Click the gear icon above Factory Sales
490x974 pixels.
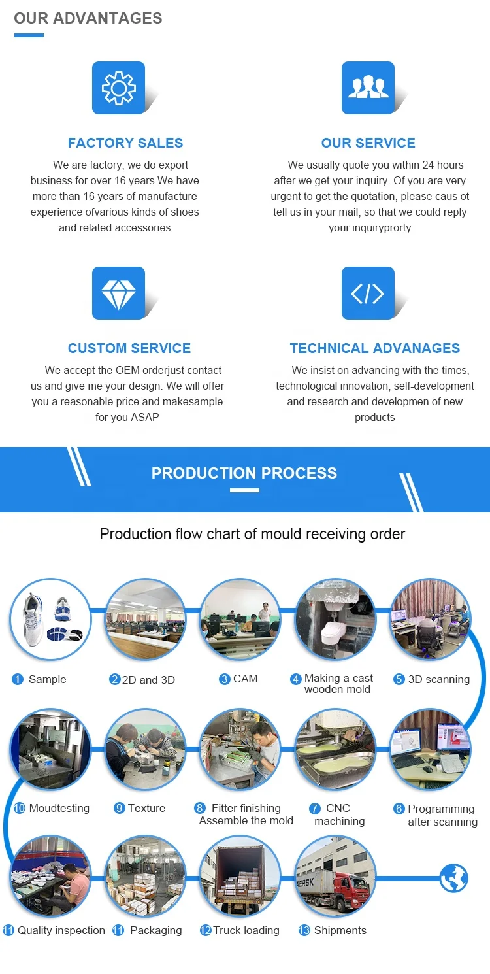118,88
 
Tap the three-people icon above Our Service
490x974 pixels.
368,88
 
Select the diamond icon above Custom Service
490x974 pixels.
118,293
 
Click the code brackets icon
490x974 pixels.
368,293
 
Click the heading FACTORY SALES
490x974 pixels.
125,143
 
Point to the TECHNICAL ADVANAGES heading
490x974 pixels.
375,348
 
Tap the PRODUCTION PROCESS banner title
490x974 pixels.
244,473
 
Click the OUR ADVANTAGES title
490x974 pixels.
88,18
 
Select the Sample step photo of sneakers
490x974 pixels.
50,618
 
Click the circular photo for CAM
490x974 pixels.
240,618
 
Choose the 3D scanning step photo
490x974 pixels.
430,618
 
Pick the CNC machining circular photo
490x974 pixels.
335,749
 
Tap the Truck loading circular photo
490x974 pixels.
240,876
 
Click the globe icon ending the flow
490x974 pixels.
453,878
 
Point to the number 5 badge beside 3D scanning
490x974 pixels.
399,680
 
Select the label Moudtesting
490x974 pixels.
59,809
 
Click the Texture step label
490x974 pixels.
146,809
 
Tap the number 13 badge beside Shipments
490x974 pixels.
304,931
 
